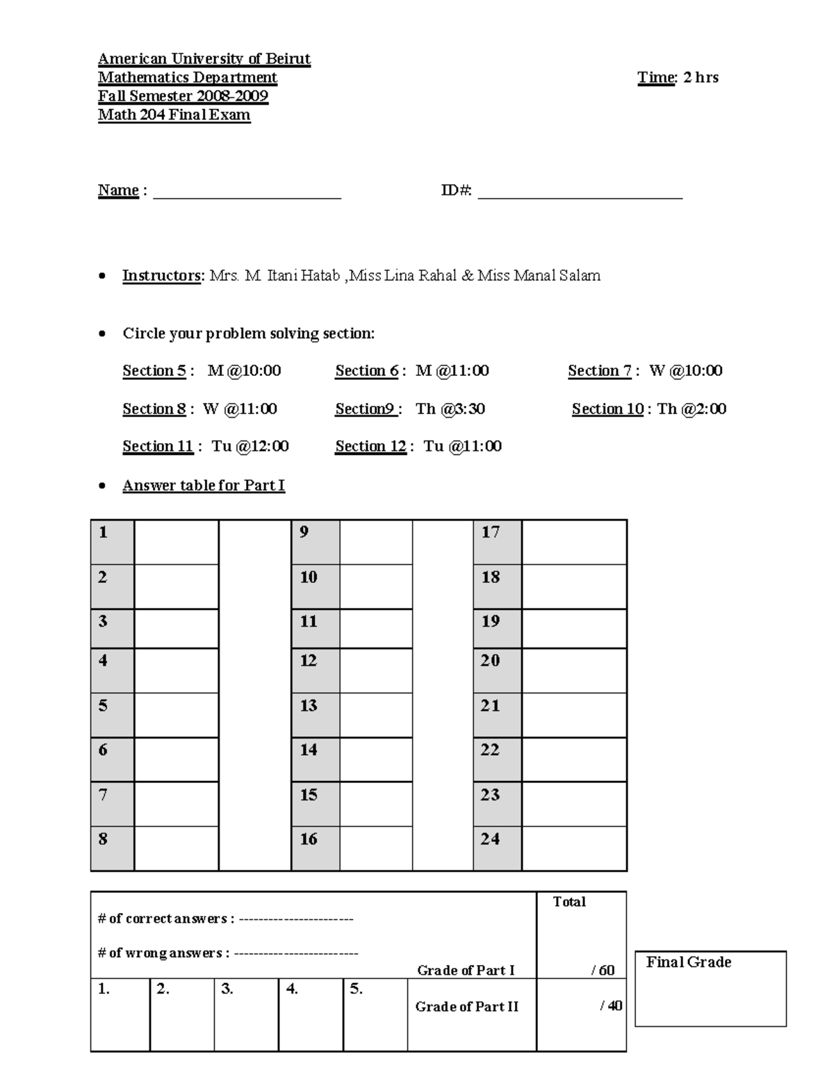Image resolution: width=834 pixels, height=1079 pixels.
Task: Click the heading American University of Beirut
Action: [x=204, y=59]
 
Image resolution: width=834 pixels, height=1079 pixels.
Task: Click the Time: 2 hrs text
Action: [x=678, y=78]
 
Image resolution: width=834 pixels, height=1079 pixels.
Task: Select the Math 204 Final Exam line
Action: [x=174, y=115]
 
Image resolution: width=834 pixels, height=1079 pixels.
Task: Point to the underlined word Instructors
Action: [x=162, y=276]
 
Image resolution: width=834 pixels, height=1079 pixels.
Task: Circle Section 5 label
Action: [x=154, y=371]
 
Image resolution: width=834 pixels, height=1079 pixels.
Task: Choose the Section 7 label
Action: [x=599, y=371]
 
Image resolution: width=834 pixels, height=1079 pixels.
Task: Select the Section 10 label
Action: [x=607, y=409]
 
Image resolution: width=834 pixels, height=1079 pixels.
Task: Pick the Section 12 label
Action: [x=370, y=447]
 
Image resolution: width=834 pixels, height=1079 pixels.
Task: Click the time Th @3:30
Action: [x=450, y=409]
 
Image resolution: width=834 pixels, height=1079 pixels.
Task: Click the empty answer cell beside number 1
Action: [x=176, y=542]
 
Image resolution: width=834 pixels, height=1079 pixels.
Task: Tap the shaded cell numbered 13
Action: [x=315, y=715]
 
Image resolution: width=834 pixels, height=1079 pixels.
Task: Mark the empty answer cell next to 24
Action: [x=574, y=848]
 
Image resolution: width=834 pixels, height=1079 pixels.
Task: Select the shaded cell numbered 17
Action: [x=497, y=542]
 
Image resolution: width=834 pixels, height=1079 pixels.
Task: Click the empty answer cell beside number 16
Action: [x=375, y=848]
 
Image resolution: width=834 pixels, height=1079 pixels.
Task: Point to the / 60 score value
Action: [x=603, y=970]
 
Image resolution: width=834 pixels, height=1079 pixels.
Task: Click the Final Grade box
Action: [x=710, y=988]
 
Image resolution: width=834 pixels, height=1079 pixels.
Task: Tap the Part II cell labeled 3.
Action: [x=246, y=1014]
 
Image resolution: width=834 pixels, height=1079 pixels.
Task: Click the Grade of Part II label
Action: [x=466, y=1007]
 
